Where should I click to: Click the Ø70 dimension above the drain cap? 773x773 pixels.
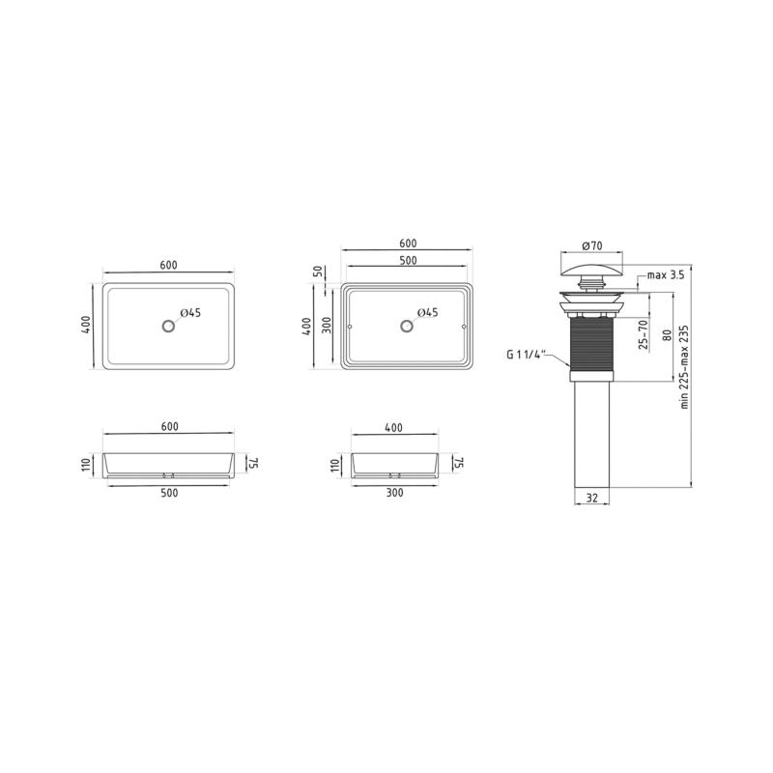(x=591, y=245)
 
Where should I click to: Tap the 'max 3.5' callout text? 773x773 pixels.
(x=666, y=275)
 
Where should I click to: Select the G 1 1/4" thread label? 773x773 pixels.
(x=525, y=354)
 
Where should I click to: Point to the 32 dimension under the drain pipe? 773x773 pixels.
(x=592, y=498)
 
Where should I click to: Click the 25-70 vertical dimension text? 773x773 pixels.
(x=643, y=334)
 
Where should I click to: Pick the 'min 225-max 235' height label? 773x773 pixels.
(x=684, y=367)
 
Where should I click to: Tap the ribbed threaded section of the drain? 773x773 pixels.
(x=591, y=344)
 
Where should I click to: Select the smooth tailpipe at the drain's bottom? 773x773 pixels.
(x=591, y=435)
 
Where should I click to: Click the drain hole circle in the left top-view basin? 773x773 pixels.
(x=168, y=326)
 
